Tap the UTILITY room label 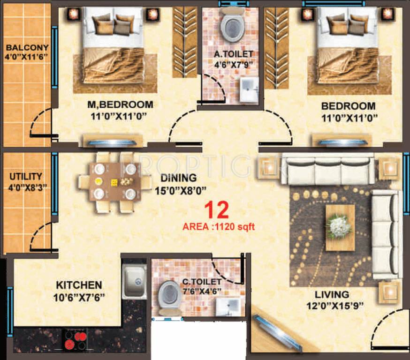pyautogui.click(x=25, y=177)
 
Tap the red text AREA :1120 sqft pyautogui.click(x=219, y=227)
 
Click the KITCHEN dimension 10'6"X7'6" pyautogui.click(x=78, y=297)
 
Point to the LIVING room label pyautogui.click(x=332, y=294)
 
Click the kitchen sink pyautogui.click(x=134, y=282)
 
